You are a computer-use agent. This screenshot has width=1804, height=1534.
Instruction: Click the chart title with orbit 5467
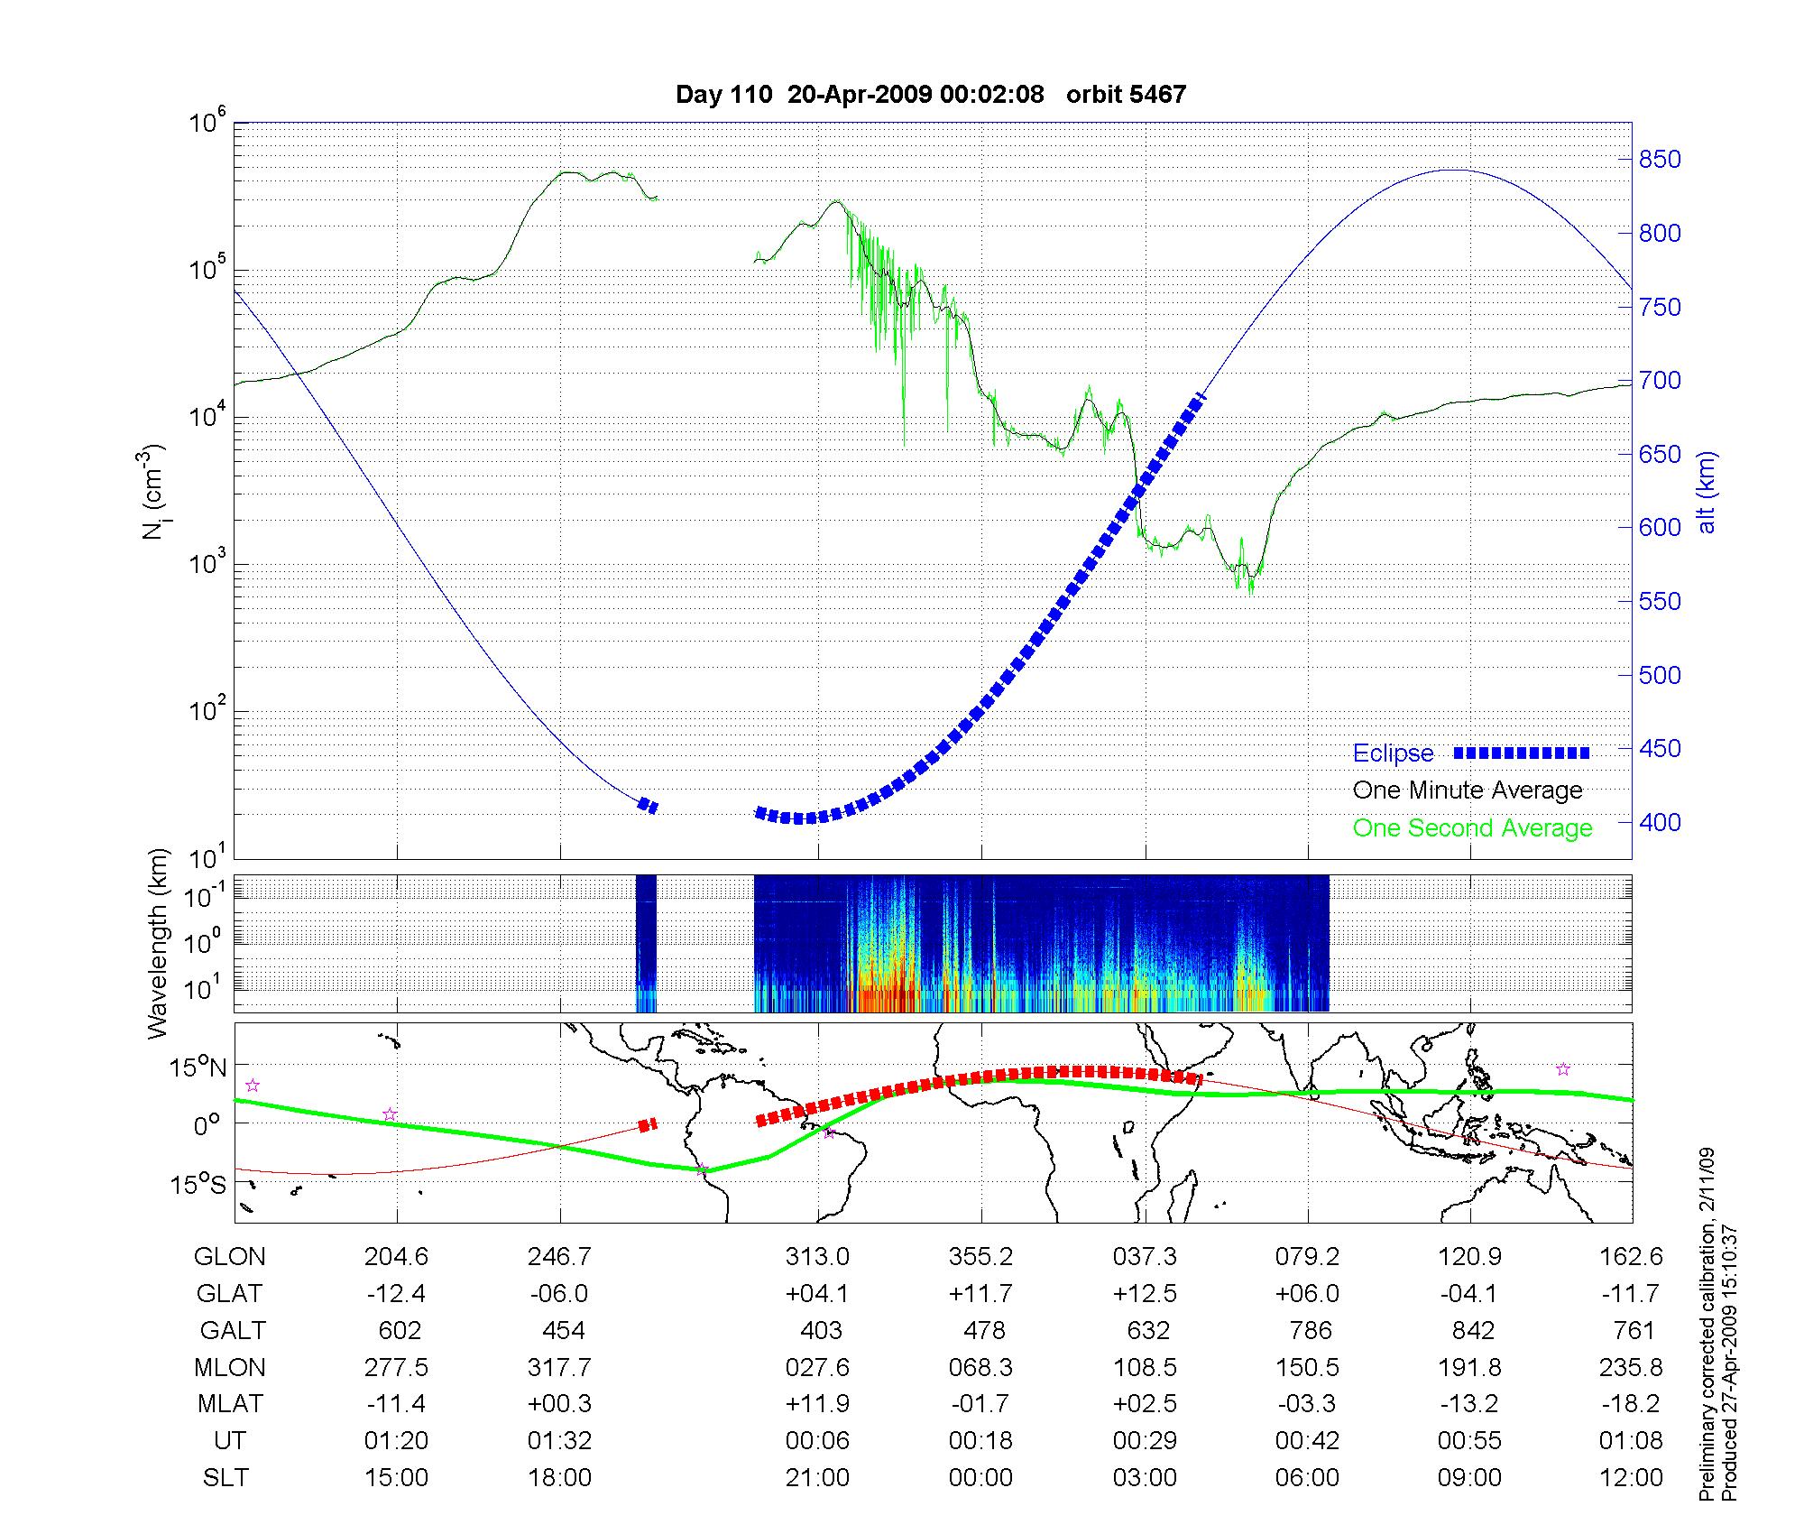tap(931, 94)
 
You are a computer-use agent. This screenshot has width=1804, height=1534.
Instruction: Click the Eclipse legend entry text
tap(1393, 753)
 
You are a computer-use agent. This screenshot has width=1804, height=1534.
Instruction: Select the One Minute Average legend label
tap(1468, 790)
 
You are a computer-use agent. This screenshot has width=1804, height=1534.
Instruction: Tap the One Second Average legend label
tap(1472, 828)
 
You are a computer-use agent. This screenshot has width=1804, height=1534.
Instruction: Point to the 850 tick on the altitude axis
tap(1660, 160)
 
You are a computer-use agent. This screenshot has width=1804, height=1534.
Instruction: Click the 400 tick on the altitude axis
tap(1660, 822)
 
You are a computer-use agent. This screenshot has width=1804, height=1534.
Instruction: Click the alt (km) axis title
tap(1707, 492)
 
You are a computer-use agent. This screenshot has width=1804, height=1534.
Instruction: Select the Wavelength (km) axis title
tap(158, 944)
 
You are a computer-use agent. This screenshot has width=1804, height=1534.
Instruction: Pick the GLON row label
tap(230, 1257)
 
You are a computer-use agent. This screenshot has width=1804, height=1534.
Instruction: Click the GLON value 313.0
tap(817, 1257)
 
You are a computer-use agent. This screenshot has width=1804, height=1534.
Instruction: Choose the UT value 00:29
tap(1145, 1441)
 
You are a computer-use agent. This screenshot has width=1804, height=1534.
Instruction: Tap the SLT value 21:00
tap(817, 1478)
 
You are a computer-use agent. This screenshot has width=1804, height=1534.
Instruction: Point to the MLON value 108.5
tap(1146, 1368)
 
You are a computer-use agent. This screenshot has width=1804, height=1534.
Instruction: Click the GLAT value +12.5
tap(1145, 1294)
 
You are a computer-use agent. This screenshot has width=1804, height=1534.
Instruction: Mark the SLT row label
tap(225, 1478)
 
